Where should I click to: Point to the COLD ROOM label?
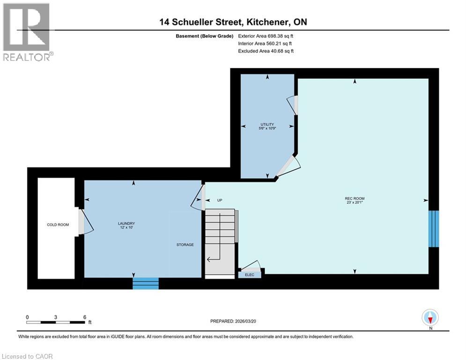point(58,225)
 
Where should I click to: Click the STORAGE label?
point(185,245)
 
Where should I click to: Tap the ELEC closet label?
point(250,275)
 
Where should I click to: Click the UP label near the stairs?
point(219,200)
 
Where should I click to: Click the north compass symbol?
point(429,317)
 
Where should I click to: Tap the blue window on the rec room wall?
point(434,229)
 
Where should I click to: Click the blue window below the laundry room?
point(146,284)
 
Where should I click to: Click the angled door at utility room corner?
point(287,166)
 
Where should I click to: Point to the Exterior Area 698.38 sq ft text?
point(266,36)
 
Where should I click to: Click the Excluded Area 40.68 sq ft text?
point(266,51)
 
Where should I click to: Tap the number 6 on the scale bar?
point(84,317)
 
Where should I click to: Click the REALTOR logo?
point(27,31)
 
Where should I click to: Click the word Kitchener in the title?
point(262,22)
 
